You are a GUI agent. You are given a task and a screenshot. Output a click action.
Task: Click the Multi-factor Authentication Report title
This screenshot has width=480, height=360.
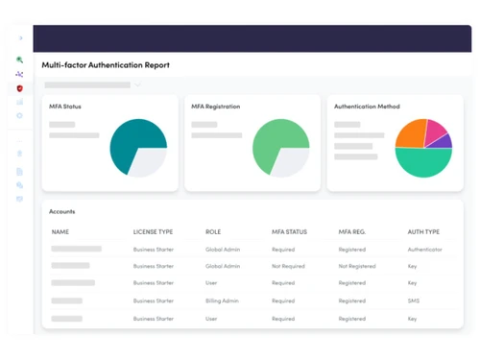click(106, 65)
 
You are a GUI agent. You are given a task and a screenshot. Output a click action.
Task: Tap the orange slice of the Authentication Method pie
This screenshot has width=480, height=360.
click(409, 133)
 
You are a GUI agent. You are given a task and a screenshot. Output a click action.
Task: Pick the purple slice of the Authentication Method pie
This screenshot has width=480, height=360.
click(444, 141)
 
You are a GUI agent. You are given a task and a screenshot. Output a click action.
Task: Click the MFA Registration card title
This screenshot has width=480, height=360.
click(216, 107)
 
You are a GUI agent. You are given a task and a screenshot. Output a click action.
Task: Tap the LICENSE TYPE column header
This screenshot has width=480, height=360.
click(153, 232)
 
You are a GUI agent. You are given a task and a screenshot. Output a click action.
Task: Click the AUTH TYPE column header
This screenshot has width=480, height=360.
click(423, 232)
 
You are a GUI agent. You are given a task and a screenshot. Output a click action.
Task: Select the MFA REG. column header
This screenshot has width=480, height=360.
click(352, 232)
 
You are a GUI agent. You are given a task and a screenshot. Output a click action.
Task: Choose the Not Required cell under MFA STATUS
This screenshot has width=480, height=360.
click(288, 266)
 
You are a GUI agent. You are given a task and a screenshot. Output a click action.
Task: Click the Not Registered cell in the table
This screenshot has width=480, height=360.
click(357, 266)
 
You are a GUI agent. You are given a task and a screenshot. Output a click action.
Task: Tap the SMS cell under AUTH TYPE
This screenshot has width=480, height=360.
click(413, 300)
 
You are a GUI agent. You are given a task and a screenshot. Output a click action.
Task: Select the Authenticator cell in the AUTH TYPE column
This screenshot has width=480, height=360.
click(424, 249)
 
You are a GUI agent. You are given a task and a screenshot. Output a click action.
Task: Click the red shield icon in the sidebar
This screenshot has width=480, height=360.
click(20, 88)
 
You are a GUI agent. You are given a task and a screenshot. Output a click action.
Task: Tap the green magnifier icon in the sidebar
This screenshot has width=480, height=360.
click(20, 60)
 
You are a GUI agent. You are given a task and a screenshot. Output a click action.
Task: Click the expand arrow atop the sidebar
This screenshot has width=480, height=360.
click(21, 38)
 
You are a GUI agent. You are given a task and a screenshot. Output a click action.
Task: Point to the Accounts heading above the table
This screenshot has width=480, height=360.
click(62, 211)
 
